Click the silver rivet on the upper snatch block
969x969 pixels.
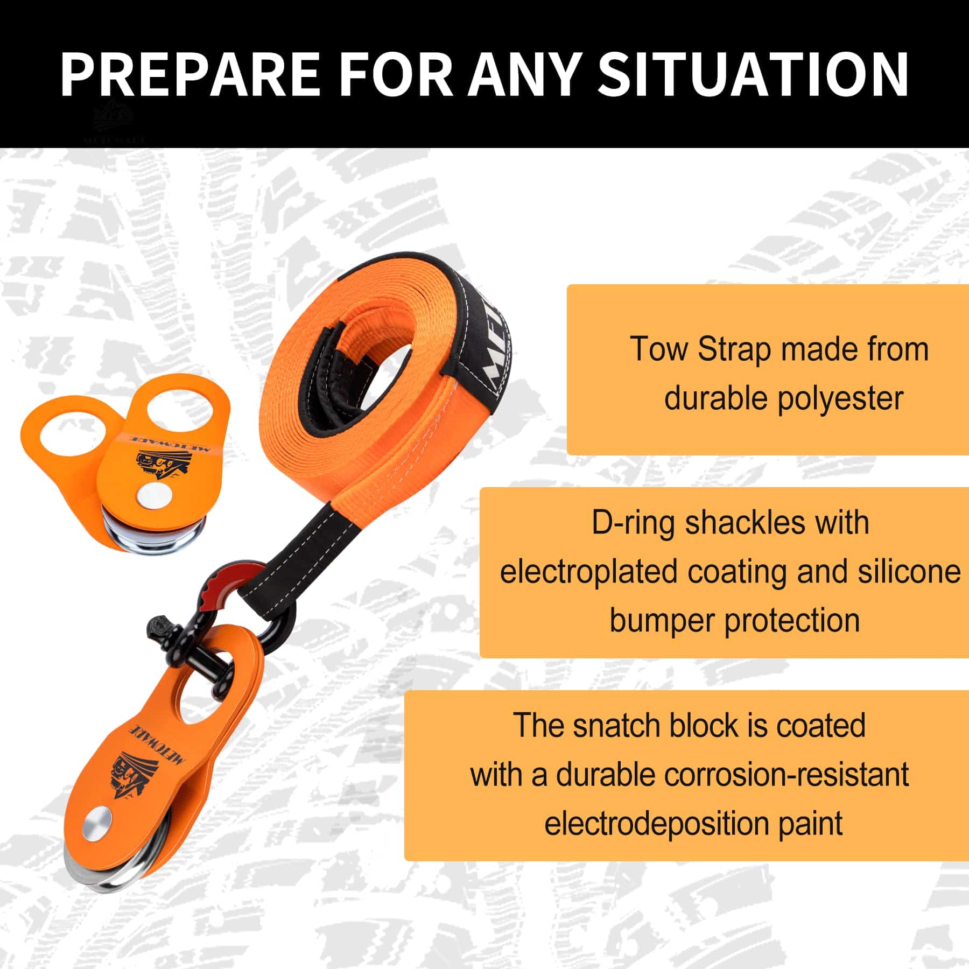(x=151, y=496)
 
